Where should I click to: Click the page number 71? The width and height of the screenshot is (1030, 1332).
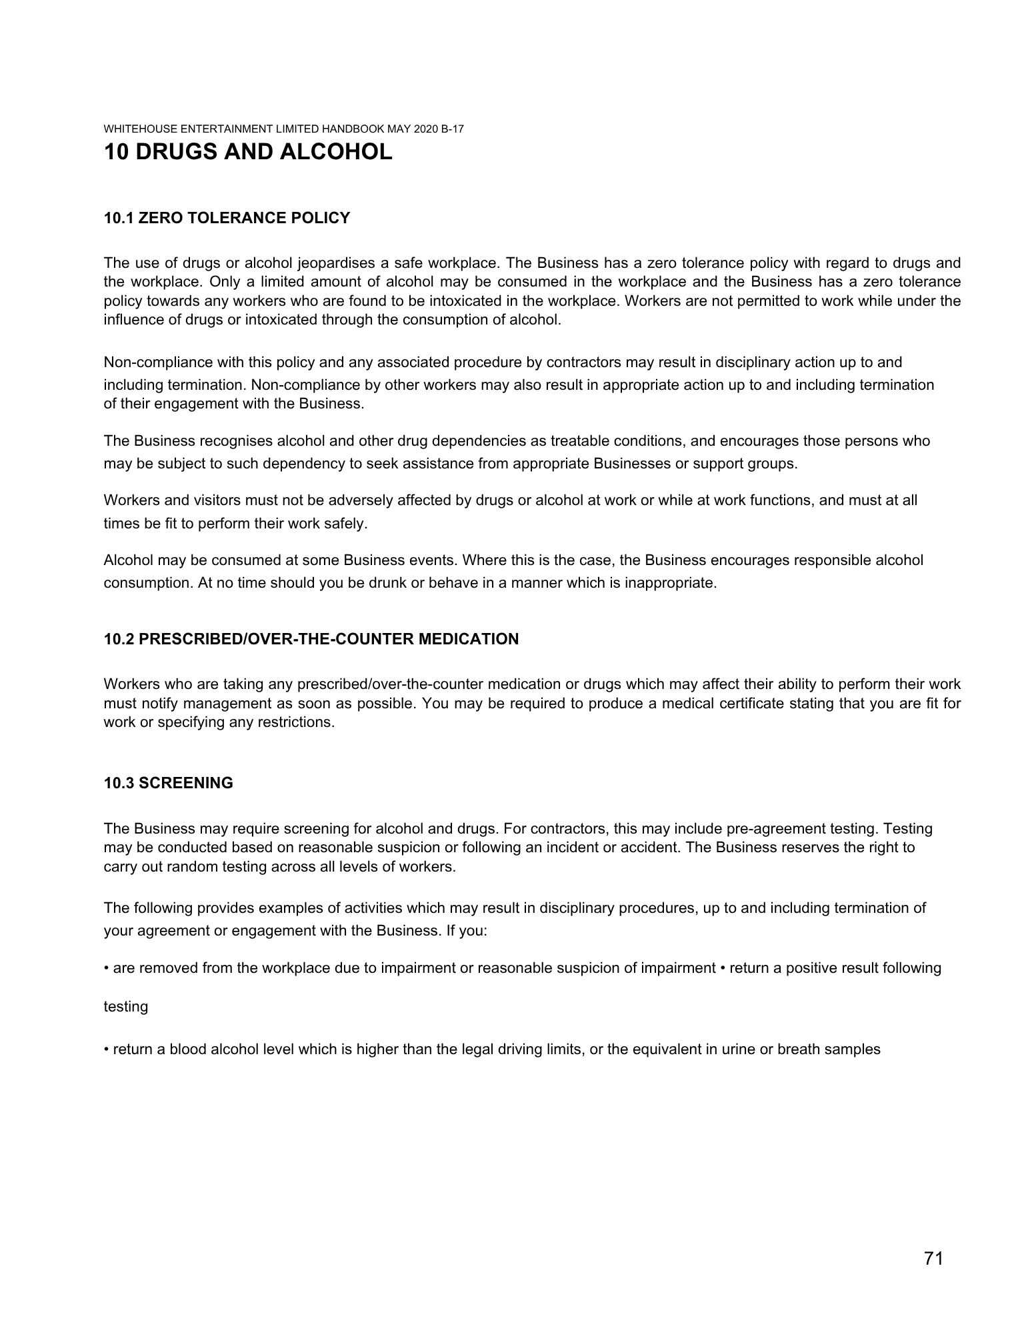[x=933, y=1258]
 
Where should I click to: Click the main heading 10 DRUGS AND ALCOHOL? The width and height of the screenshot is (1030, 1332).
[x=248, y=152]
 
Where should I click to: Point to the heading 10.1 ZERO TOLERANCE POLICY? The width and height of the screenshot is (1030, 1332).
[x=227, y=218]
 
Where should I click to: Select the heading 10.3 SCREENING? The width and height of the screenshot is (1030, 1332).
[x=169, y=783]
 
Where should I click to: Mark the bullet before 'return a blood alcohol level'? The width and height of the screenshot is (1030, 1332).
[x=107, y=1049]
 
